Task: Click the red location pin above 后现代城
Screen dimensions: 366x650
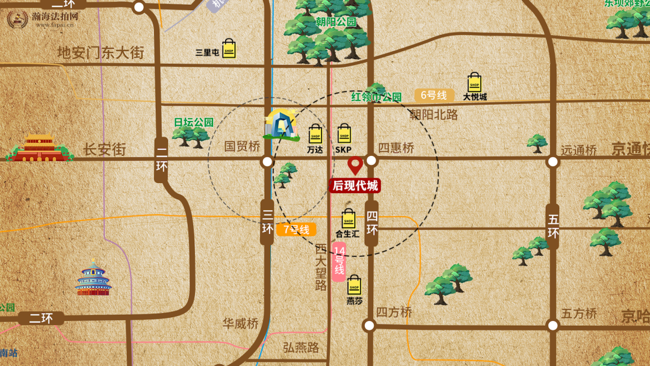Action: click(x=355, y=164)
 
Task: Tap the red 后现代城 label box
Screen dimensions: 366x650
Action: click(x=355, y=186)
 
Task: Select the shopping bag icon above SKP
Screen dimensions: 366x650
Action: click(x=344, y=134)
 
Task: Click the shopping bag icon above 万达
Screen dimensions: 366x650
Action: click(x=315, y=134)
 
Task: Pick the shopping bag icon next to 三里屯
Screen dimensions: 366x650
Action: click(x=229, y=49)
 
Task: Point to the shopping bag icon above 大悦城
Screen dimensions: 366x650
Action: click(x=475, y=82)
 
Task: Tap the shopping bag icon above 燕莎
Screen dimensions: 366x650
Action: click(x=354, y=285)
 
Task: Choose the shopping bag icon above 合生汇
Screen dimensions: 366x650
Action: click(x=348, y=219)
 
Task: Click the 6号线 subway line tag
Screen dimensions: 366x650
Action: click(x=434, y=95)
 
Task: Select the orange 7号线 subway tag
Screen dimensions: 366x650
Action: click(x=296, y=229)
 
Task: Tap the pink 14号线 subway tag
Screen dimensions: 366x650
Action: click(x=339, y=262)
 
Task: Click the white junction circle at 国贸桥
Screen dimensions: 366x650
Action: click(x=267, y=162)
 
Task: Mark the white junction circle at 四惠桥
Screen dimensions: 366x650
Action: click(x=371, y=161)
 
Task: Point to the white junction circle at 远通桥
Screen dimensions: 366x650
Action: click(x=553, y=161)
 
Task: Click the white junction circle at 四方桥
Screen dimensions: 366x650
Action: click(x=369, y=326)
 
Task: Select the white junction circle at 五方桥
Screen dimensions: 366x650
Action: click(x=553, y=326)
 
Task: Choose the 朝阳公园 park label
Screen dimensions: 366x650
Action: click(x=336, y=22)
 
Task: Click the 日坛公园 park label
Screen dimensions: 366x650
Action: click(x=194, y=122)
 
